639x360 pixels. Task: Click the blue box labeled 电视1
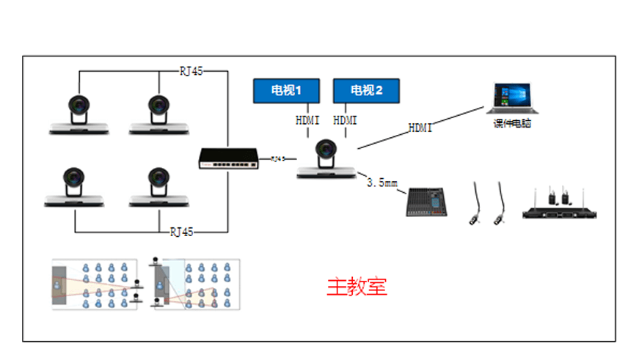tap(286, 91)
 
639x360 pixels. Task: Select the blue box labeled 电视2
tap(366, 91)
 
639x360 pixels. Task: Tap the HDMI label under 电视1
tap(307, 120)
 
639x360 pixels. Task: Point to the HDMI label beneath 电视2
tap(346, 120)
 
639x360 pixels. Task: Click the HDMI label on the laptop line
tap(420, 128)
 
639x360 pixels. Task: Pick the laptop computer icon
tap(512, 98)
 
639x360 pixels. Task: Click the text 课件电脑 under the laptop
tap(512, 124)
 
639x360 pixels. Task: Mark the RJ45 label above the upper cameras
tap(191, 71)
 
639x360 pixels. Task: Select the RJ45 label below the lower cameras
tap(182, 232)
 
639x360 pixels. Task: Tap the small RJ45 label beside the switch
tap(278, 158)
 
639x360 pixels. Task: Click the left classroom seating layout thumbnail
tap(95, 284)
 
